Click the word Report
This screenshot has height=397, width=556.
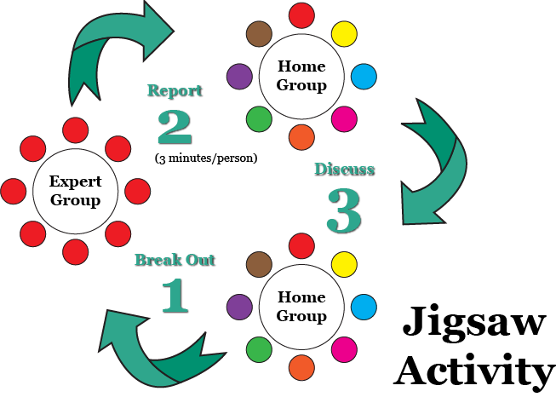click(175, 91)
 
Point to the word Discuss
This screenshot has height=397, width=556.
click(344, 170)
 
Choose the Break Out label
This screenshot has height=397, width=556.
click(175, 260)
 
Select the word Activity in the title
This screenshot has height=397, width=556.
click(473, 371)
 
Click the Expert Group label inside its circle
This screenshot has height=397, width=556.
click(75, 191)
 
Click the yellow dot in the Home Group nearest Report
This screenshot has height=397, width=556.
click(343, 34)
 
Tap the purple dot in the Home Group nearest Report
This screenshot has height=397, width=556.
click(240, 77)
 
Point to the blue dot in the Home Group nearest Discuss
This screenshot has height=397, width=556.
click(364, 75)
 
